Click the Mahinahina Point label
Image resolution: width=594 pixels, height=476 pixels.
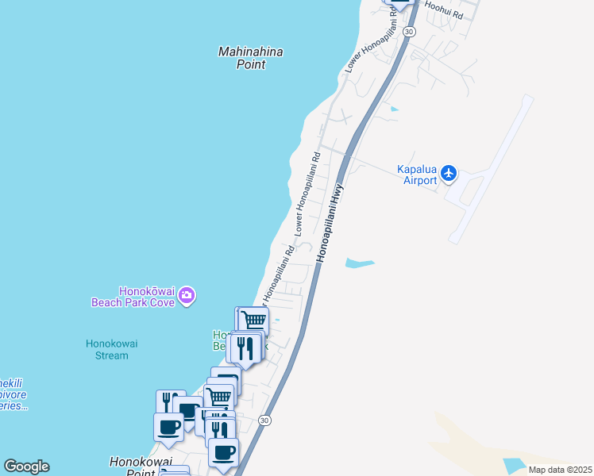pos(251,58)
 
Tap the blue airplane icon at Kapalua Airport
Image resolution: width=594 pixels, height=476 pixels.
pos(449,172)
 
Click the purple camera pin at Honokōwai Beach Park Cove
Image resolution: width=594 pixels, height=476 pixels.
pos(187,296)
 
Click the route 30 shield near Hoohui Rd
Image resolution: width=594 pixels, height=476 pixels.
pos(408,31)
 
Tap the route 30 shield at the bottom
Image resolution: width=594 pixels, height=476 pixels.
pos(265,420)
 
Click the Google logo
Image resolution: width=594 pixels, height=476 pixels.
pos(26,466)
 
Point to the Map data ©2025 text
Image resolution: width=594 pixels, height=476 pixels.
pos(559,470)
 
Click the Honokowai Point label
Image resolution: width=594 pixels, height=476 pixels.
pos(132,466)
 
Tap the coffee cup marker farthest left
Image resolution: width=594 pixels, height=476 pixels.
pos(168,428)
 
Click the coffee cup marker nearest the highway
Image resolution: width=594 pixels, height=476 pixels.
pos(223,452)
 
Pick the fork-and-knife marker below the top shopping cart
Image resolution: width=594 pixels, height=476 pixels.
pos(245,347)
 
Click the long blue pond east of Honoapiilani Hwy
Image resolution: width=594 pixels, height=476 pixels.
pos(359,263)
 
